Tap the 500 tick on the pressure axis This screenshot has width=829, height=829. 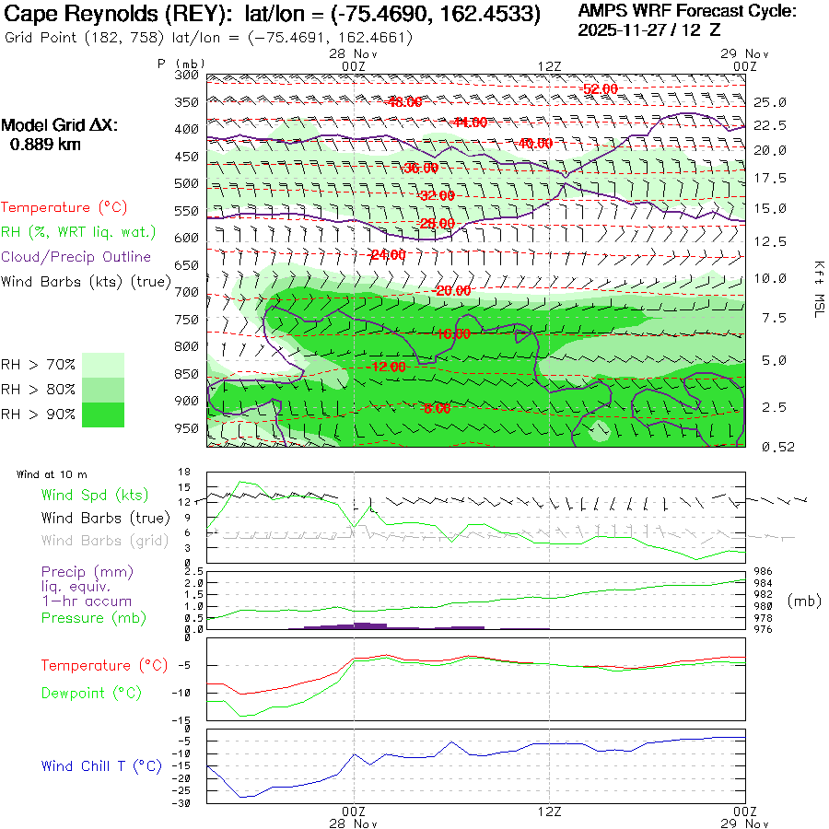point(187,183)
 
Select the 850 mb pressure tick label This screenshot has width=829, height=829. point(187,374)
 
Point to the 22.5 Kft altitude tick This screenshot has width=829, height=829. point(770,125)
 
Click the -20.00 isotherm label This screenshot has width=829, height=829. point(452,291)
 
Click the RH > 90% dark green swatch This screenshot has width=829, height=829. point(103,414)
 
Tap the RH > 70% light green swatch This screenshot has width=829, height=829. point(103,365)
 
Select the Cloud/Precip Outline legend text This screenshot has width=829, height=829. point(76,257)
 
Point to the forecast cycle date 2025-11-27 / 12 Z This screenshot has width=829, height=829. point(648,29)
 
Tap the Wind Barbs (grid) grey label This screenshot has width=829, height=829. point(93,540)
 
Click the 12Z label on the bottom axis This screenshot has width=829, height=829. point(549,811)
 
